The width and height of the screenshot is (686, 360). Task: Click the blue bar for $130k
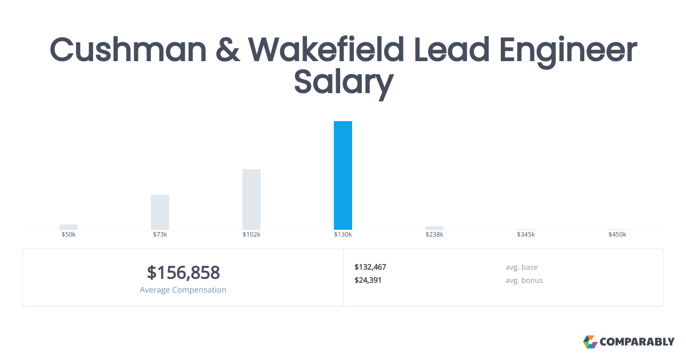343,175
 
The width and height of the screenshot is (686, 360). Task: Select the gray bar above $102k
252,199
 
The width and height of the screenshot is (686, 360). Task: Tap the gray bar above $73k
160,212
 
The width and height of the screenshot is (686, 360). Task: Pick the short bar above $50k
69,227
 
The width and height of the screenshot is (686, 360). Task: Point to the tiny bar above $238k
434,228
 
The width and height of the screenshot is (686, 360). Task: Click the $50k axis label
69,235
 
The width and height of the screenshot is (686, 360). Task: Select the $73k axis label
160,235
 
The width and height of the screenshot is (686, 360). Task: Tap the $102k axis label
252,235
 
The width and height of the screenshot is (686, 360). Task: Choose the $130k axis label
343,235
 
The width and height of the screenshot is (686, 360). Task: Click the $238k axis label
434,235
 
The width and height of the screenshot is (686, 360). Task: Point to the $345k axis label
526,235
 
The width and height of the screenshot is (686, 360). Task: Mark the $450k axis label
617,235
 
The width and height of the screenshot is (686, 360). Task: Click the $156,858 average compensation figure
183,273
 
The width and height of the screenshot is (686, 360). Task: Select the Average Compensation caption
183,290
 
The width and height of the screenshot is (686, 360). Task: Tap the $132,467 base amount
370,267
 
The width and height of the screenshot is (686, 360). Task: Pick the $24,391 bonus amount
368,280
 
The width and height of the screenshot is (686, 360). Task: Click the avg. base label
521,267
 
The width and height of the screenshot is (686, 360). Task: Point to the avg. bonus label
524,280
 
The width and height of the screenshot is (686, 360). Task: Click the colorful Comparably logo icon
590,342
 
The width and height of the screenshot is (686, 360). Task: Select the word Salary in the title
344,83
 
